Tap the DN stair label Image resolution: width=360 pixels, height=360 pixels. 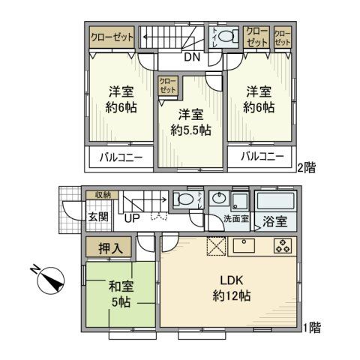pos(192,57)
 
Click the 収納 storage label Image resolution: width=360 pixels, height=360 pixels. pos(103,195)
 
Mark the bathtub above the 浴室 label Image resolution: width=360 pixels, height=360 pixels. pos(276,200)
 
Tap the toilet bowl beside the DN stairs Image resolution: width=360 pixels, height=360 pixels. pos(232,36)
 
